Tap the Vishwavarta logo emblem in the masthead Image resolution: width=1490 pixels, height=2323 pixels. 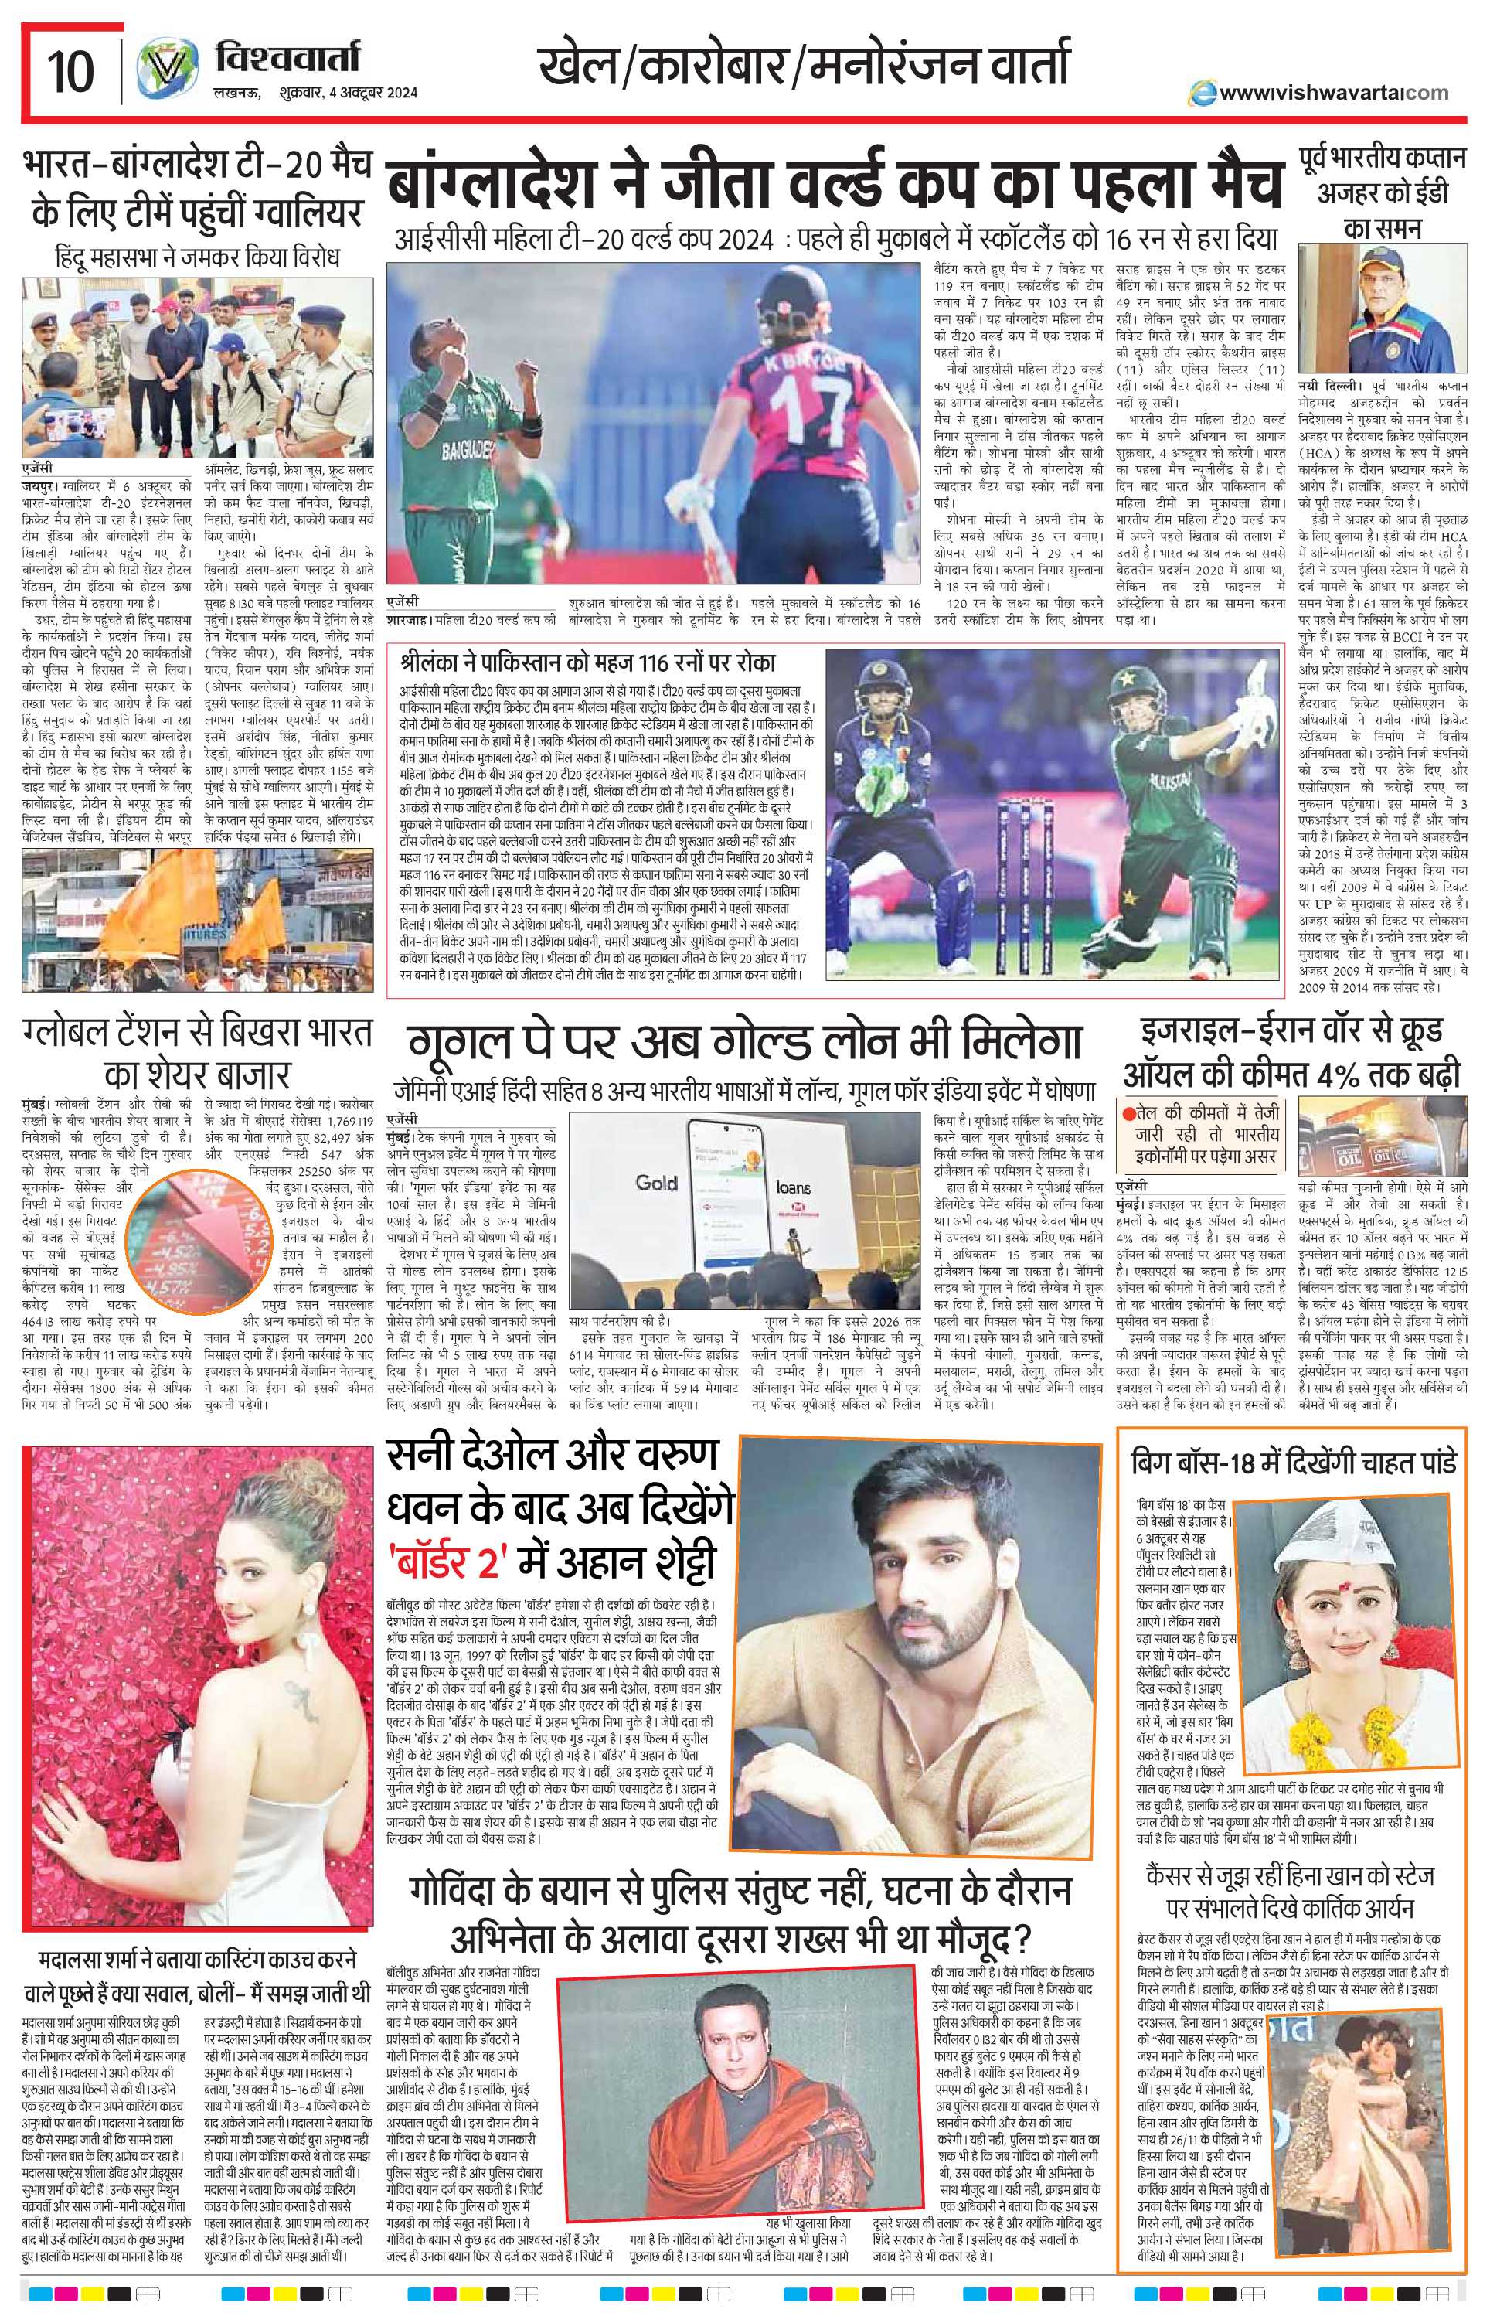160,72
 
